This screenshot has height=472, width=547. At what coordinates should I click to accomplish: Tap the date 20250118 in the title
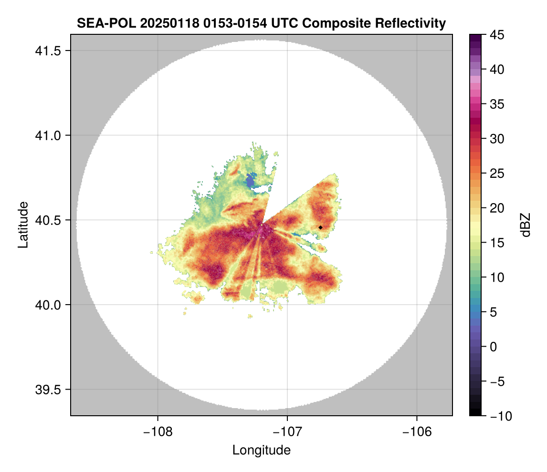[161, 23]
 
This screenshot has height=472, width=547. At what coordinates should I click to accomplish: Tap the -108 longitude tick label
[158, 432]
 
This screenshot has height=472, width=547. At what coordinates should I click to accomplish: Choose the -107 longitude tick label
[287, 432]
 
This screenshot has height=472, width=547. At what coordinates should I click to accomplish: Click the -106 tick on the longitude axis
[417, 432]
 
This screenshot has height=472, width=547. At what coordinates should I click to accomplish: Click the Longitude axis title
[261, 450]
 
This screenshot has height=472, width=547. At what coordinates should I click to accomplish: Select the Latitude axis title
[22, 225]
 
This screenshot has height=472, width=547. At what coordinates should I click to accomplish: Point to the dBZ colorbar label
[526, 225]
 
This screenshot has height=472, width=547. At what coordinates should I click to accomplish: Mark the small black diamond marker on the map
[320, 227]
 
